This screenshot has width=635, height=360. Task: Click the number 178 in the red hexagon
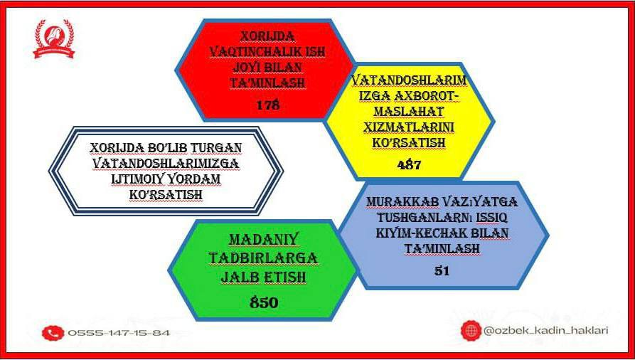point(267,105)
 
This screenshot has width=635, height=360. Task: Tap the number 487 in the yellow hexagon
point(409,164)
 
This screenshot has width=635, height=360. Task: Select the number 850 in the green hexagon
point(264,302)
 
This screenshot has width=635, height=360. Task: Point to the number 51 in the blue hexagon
point(442,271)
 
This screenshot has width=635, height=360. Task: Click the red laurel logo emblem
point(54,39)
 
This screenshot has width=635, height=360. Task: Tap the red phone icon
point(53,333)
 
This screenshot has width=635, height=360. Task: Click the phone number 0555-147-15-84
point(119,333)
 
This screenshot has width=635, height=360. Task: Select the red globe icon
point(471,330)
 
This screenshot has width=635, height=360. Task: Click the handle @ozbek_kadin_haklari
point(546,331)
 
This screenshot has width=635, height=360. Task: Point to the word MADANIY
point(263,240)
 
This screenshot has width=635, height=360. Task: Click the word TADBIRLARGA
point(263,258)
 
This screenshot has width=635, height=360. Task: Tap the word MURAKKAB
point(402,202)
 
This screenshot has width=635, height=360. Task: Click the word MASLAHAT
point(409,112)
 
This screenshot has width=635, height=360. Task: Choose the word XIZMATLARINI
point(409,127)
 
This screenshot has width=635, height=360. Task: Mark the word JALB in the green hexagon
point(239,277)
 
